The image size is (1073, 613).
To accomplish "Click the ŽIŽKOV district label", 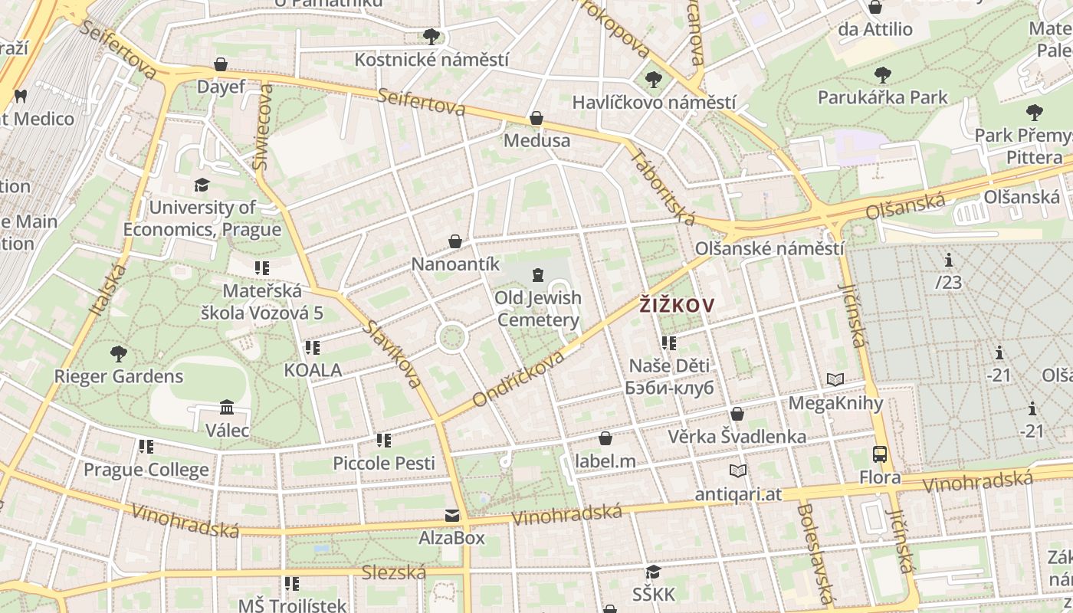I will tap(677, 306).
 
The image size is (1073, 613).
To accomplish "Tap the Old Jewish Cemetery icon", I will tap(538, 274).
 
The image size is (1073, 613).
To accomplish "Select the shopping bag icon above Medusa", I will tap(536, 118).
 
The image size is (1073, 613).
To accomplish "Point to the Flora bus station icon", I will tap(880, 454).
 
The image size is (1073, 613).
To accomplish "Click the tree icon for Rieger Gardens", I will tap(119, 353).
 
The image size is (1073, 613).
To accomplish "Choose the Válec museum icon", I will tap(227, 407).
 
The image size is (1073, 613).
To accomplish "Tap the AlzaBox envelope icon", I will tap(452, 516).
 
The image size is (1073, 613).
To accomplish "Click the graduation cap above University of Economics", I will tap(202, 185).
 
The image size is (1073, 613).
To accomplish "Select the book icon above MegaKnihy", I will tap(835, 379).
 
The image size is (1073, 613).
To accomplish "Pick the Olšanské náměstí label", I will tap(769, 249).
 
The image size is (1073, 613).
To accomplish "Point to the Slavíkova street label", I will tap(393, 353).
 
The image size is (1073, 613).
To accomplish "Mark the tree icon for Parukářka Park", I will tap(883, 75).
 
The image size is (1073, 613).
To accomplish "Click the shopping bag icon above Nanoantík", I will tap(455, 241).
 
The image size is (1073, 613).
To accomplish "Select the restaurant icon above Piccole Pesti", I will tap(384, 441).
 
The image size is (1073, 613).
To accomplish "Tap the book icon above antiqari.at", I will tap(738, 470).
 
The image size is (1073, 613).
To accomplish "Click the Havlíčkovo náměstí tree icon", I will tap(654, 79).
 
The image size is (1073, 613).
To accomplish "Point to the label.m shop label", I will tap(605, 461).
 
